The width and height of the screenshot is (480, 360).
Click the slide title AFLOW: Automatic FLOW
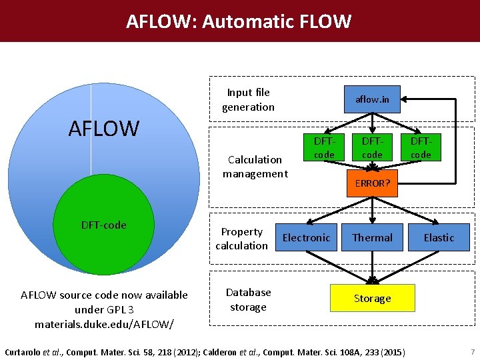click(239, 21)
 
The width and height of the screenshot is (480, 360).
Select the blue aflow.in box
click(372, 100)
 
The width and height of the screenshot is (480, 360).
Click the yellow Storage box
click(372, 298)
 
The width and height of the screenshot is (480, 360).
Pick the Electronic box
click(306, 237)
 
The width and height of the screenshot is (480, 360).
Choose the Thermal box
click(372, 237)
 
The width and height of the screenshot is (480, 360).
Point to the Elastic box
click(439, 237)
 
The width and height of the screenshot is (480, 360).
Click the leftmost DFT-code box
click(324, 148)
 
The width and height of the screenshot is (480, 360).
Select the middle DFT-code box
click(372, 148)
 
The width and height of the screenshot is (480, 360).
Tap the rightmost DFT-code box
click(421, 148)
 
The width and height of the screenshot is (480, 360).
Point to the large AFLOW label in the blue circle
click(103, 128)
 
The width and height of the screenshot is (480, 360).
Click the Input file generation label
click(248, 99)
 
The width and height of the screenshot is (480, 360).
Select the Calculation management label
click(255, 167)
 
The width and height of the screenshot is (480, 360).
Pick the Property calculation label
click(241, 239)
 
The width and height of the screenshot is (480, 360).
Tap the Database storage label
click(248, 299)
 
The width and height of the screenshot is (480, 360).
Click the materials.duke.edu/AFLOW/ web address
click(104, 324)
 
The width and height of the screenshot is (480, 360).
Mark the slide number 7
click(472, 351)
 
